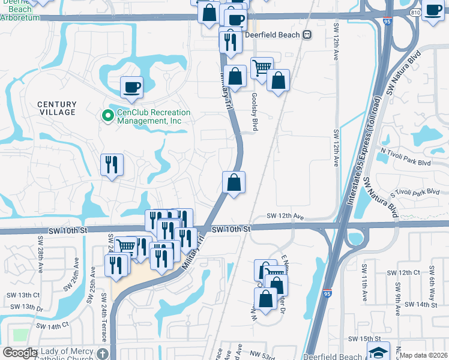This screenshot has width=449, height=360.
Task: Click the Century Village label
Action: click(57, 108)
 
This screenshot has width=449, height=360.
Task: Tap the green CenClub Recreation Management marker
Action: click(107, 116)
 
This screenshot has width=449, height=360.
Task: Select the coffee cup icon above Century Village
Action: click(132, 88)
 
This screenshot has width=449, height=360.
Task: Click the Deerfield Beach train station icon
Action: click(307, 35)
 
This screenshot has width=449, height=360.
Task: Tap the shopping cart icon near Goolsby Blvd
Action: click(262, 69)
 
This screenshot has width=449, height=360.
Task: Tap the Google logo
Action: click(19, 353)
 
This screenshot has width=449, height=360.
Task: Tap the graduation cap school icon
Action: click(379, 352)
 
